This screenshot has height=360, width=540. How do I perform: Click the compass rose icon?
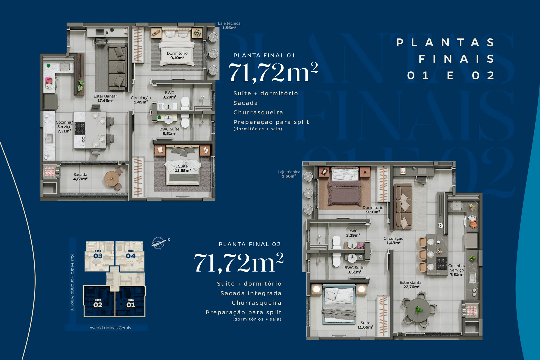coord(159,243)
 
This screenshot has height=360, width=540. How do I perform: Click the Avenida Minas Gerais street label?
coord(110,328)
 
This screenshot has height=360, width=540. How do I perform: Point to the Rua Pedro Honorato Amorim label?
coord(72,282)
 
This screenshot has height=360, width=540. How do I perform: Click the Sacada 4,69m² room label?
coord(80,177)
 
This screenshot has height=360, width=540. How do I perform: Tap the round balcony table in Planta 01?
coord(112,179)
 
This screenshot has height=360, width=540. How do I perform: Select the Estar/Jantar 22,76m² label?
coord(411,285)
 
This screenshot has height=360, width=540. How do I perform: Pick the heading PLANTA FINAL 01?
coord(264,55)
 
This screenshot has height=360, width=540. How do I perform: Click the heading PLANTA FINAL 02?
coord(250,244)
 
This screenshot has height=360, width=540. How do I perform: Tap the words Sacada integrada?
coord(251,293)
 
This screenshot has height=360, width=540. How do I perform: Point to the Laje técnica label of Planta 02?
coord(289,174)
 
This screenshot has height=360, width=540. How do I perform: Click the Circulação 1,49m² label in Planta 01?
coord(141,100)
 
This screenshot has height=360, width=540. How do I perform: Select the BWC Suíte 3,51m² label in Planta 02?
coord(354,270)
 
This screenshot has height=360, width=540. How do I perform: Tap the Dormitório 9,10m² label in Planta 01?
coord(177,55)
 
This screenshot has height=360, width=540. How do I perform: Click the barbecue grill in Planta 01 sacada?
coord(50,172)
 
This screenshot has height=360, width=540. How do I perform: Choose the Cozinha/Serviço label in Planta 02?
coord(457,270)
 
